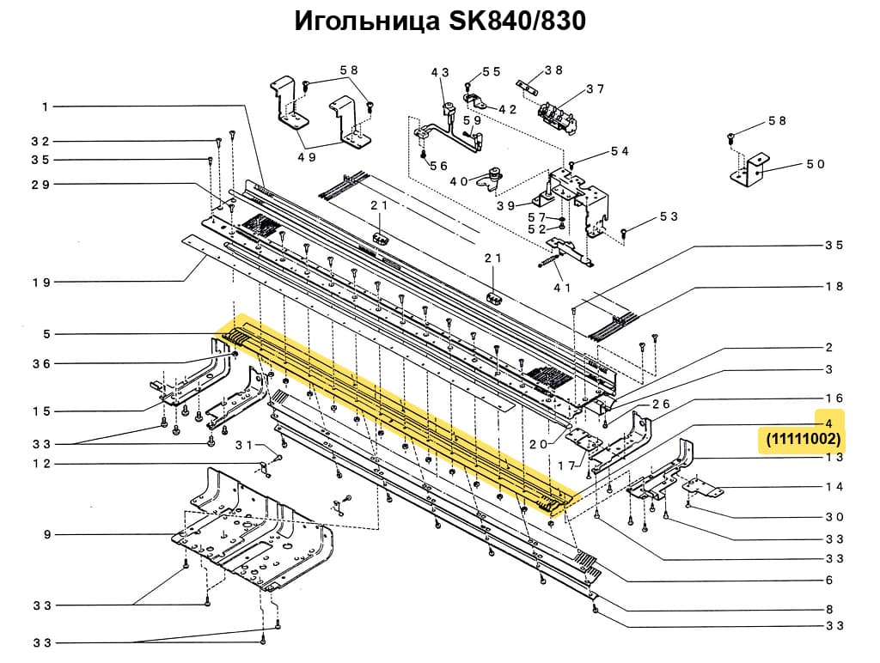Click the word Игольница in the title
(x=365, y=21)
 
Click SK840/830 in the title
(x=513, y=21)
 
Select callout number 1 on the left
(x=44, y=107)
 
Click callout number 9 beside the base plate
(x=47, y=535)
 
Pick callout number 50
(x=816, y=164)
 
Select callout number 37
(x=595, y=88)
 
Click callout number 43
(x=440, y=73)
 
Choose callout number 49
(x=307, y=157)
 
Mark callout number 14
(x=834, y=487)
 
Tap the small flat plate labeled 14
(x=704, y=489)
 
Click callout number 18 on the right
(x=834, y=286)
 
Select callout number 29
(x=42, y=185)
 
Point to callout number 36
(x=42, y=363)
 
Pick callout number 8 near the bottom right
(x=829, y=609)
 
